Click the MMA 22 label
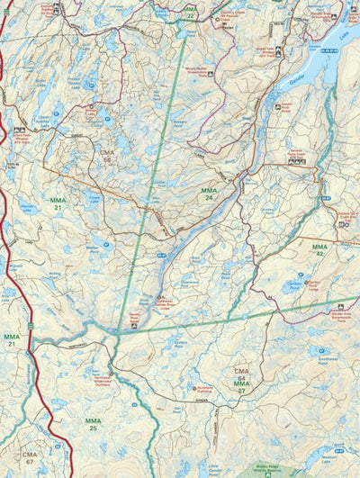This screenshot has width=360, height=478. click(189, 13)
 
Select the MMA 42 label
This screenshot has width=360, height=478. click(319, 249)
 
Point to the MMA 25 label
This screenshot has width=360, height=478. click(93, 424)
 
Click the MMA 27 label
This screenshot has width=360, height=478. click(241, 386)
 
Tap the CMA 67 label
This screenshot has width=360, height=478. click(31, 458)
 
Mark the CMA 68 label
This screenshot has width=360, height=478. click(109, 157)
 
